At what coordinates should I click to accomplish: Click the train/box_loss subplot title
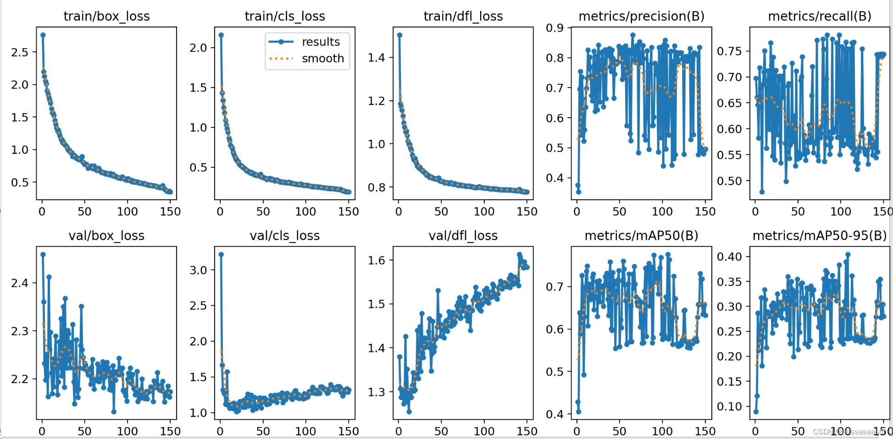(106, 16)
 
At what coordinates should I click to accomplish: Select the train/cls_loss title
(285, 16)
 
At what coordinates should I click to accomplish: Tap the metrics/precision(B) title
(641, 16)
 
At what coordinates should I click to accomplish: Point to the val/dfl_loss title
(463, 236)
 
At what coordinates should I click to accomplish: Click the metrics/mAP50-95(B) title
(820, 236)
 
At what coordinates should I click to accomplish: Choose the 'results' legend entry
(321, 42)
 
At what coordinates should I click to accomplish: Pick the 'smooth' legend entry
(322, 59)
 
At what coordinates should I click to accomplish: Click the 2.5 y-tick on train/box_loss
(20, 52)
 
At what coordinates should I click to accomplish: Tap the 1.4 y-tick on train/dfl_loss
(376, 58)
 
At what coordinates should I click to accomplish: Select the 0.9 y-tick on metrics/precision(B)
(555, 28)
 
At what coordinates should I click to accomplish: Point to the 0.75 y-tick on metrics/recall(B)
(729, 51)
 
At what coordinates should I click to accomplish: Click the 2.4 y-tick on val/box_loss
(20, 283)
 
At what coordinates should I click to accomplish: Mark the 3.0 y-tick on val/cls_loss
(198, 270)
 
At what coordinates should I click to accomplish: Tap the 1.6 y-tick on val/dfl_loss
(376, 260)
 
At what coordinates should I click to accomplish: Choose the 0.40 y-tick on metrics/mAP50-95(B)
(729, 257)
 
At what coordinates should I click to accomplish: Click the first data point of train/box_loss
(43, 35)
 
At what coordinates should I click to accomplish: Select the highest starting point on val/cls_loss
(221, 254)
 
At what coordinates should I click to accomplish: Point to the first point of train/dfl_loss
(399, 35)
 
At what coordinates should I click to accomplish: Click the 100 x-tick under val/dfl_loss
(484, 431)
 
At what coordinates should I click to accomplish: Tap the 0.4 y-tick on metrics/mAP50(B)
(555, 414)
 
